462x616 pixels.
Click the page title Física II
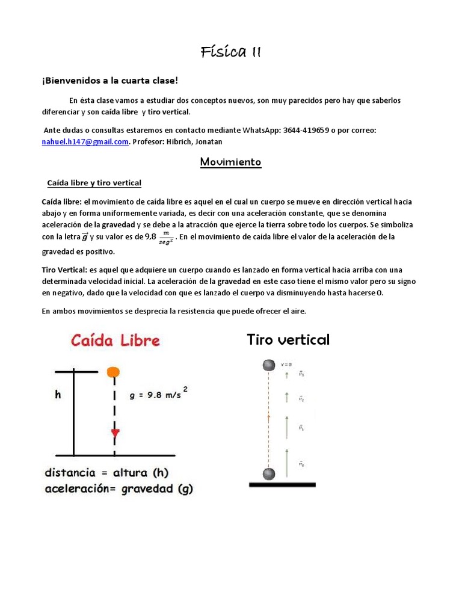pyautogui.click(x=230, y=52)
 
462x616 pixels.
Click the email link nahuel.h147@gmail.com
pyautogui.click(x=84, y=141)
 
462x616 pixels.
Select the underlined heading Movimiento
pyautogui.click(x=230, y=162)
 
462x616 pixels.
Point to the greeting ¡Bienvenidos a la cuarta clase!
pyautogui.click(x=110, y=81)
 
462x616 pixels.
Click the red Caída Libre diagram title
pyautogui.click(x=115, y=340)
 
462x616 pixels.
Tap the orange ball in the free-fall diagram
pyautogui.click(x=113, y=372)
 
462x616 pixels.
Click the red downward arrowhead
pyautogui.click(x=114, y=434)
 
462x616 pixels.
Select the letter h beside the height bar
pyautogui.click(x=58, y=395)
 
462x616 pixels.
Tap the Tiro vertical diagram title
pyautogui.click(x=288, y=340)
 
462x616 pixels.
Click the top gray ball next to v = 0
pyautogui.click(x=268, y=365)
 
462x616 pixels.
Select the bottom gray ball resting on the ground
pyautogui.click(x=268, y=473)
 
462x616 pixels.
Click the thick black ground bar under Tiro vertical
pyautogui.click(x=282, y=484)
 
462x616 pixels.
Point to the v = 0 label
pyautogui.click(x=287, y=365)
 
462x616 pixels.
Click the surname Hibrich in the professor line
pyautogui.click(x=188, y=141)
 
